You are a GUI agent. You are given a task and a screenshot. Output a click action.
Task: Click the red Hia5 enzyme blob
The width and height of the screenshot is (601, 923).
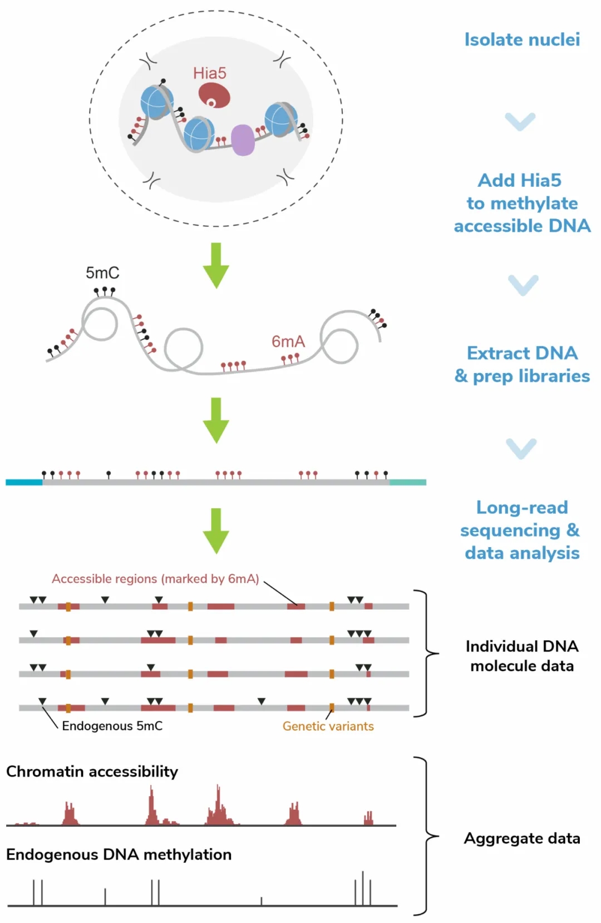point(214,95)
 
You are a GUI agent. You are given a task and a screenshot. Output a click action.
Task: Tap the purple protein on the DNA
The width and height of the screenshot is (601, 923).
point(243,140)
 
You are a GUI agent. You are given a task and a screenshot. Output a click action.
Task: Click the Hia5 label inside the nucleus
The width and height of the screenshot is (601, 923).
point(210,73)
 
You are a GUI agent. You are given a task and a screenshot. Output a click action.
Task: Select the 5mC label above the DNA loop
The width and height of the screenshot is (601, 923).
point(102,273)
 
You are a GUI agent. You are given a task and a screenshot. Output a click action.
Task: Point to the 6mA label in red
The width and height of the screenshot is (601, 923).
point(288,341)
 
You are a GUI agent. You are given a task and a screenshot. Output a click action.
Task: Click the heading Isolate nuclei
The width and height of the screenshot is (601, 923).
point(522,39)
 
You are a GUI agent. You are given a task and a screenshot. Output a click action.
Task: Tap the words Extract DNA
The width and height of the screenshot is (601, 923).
point(522,353)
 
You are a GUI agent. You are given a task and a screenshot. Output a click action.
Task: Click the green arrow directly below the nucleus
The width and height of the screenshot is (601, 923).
point(216,265)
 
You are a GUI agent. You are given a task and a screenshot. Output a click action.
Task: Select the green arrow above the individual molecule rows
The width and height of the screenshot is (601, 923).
point(216,530)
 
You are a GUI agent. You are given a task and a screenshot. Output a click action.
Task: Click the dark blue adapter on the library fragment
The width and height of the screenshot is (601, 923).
point(24,482)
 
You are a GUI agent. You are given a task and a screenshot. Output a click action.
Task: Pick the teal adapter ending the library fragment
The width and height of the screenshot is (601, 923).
point(408,482)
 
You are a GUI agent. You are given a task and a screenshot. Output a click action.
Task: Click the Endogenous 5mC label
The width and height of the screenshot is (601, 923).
point(112,726)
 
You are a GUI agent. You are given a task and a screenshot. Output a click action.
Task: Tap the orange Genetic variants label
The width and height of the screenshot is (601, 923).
point(328,726)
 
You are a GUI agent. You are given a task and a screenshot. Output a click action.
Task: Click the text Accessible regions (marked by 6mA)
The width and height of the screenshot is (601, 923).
point(155,579)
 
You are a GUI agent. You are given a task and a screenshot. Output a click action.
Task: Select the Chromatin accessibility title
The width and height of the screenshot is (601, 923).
point(92,772)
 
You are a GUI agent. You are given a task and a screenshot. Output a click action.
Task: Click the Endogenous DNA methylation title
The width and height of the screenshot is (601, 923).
point(119,855)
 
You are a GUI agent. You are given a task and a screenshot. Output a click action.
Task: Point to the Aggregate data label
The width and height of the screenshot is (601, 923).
point(522,838)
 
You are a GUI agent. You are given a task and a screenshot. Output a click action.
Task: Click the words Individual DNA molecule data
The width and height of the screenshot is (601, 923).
point(522,656)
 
